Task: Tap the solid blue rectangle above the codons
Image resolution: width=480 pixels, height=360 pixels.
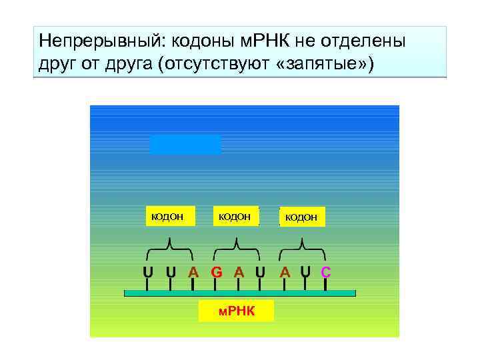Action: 185,145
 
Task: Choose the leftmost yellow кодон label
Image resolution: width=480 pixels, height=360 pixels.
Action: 170,215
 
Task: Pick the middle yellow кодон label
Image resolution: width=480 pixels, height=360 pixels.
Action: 235,215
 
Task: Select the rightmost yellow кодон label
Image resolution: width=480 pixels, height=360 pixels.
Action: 301,216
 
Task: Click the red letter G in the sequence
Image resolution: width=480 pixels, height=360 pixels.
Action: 216,272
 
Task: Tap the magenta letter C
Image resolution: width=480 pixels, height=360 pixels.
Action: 326,272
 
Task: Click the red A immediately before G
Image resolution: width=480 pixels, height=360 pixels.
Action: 193,272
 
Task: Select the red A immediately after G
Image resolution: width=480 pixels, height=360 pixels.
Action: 238,272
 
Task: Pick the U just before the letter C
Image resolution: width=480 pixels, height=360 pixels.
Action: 305,272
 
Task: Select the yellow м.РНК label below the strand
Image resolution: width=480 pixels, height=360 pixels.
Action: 237,311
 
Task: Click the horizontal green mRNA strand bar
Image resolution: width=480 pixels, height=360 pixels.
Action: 240,293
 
